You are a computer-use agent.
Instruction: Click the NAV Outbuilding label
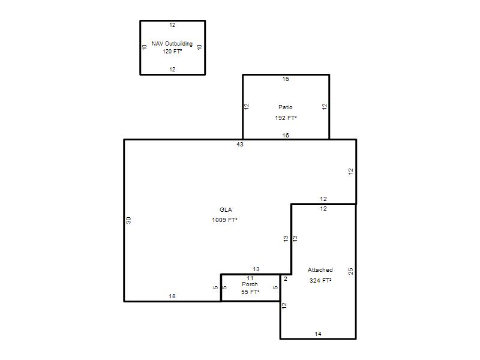pos(172,44)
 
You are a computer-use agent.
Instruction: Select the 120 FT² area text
pos(172,52)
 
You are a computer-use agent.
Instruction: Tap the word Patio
pos(286,107)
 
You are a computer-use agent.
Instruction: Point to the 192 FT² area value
pos(286,118)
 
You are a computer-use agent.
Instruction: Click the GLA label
pos(226,209)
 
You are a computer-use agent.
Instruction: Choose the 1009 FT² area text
pos(224,220)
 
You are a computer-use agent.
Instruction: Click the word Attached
pos(320,269)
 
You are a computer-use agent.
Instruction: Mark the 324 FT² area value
pos(320,280)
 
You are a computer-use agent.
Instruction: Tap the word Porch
pos(250,284)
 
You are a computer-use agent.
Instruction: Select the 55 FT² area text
pos(250,292)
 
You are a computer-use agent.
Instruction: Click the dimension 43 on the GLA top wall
pos(239,144)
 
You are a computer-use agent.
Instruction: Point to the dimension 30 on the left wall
pos(128,220)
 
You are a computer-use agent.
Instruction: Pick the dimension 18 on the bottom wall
pos(172,296)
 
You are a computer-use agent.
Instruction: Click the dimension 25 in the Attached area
pos(350,271)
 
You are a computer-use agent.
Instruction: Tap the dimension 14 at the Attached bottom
pos(318,334)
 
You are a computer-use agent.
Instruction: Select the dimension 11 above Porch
pos(250,278)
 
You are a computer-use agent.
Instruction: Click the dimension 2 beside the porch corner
pos(286,279)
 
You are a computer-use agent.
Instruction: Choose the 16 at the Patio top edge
pos(286,79)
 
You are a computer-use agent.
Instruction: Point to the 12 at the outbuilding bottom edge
pos(172,70)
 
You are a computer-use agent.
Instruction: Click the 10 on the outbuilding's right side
pos(200,47)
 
